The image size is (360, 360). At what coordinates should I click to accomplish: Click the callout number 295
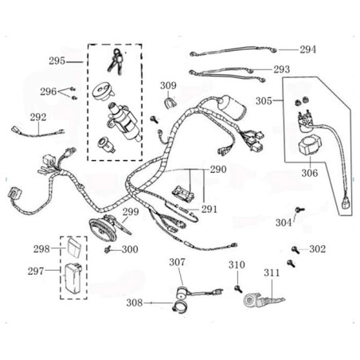click(57, 61)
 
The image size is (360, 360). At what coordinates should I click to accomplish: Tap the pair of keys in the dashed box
click(116, 61)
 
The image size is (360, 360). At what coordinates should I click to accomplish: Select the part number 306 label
click(310, 173)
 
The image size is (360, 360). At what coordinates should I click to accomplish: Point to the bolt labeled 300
click(108, 249)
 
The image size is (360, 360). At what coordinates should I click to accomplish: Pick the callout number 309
click(168, 85)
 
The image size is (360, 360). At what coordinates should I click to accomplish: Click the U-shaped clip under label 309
click(169, 103)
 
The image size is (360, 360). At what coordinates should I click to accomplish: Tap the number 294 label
click(308, 49)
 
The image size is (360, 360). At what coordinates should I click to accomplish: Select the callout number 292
click(38, 117)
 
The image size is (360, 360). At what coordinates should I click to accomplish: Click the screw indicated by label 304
click(299, 209)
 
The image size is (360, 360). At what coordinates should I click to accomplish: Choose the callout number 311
click(272, 272)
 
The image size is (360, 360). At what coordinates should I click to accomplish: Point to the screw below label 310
click(238, 289)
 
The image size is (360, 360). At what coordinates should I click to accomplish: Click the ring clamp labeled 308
click(179, 307)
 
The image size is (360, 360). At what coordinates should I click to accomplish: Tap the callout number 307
click(177, 262)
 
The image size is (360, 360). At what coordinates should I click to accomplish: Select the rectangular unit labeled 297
click(73, 278)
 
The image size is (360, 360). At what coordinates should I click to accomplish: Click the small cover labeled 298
click(74, 248)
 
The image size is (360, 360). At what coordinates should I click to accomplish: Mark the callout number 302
click(317, 249)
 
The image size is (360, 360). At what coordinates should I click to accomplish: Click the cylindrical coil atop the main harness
click(232, 107)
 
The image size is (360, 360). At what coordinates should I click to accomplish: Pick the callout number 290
click(218, 170)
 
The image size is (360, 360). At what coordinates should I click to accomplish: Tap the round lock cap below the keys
click(104, 92)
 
